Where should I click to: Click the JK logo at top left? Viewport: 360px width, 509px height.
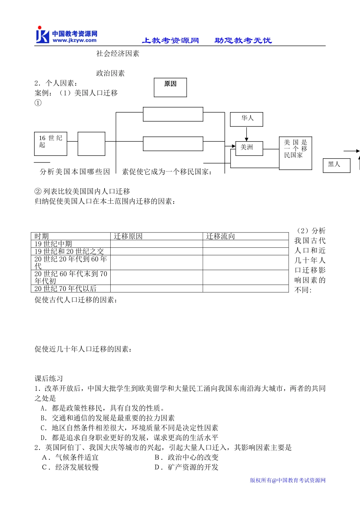[42, 35]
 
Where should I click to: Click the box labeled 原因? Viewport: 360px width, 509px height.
[170, 87]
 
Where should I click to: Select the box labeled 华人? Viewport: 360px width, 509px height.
[246, 119]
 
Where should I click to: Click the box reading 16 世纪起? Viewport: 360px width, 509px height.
[50, 144]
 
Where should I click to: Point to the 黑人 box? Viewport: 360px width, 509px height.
[336, 165]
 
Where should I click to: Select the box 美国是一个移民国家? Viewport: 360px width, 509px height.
[295, 153]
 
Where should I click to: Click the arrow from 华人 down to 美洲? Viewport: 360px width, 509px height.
[246, 134]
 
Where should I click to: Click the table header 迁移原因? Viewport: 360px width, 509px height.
[128, 236]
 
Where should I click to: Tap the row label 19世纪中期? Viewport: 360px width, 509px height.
[53, 244]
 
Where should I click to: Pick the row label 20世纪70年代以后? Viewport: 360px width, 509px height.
[65, 289]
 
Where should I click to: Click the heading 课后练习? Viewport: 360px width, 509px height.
[49, 378]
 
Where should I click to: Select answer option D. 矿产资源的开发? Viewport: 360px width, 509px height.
[186, 467]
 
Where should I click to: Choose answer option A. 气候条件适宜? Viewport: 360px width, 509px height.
[70, 457]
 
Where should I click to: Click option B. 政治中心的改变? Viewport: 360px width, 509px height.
[186, 457]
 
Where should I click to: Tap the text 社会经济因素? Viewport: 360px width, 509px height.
[117, 54]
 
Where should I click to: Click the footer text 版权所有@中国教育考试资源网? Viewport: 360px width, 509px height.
[288, 480]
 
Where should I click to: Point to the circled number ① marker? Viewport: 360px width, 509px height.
[38, 103]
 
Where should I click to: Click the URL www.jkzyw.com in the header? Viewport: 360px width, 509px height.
[74, 40]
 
